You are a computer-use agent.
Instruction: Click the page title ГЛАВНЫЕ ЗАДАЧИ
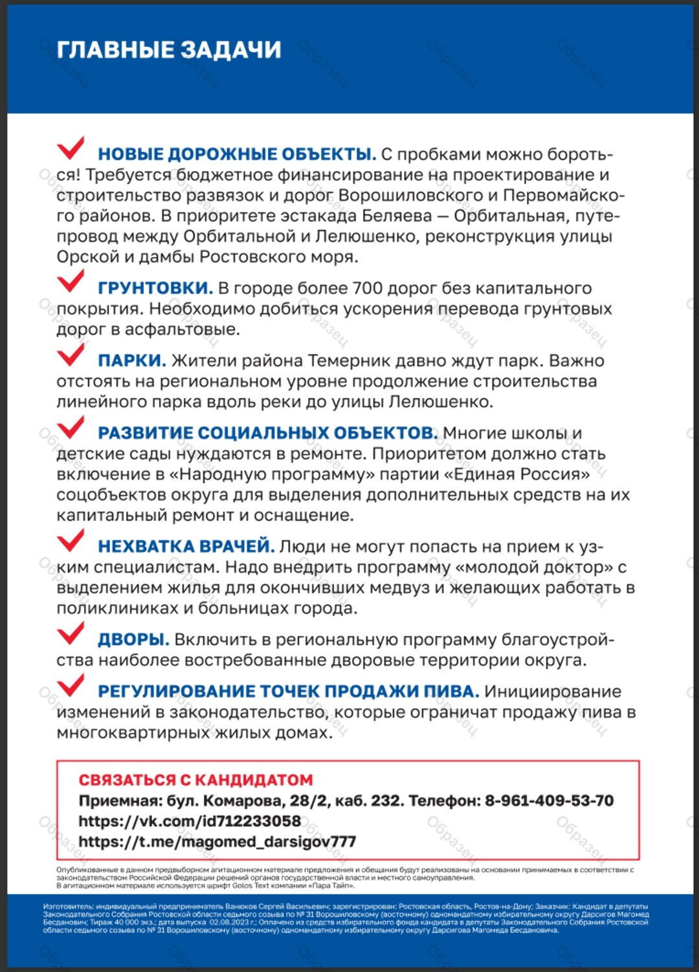point(169,50)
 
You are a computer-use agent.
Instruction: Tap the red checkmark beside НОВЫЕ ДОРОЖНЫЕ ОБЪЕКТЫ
point(70,148)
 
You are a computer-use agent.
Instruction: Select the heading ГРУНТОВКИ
point(155,288)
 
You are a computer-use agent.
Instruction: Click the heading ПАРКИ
point(132,361)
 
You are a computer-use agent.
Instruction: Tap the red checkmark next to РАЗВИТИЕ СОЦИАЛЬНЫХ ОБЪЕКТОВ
point(70,427)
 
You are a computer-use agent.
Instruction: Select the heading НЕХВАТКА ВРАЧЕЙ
point(186,547)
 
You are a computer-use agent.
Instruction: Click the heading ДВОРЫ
point(133,640)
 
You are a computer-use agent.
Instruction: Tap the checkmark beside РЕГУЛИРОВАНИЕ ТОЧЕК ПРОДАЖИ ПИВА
point(70,685)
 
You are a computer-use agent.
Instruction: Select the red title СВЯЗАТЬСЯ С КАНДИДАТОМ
point(195,780)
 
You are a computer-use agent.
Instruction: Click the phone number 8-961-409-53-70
point(549,800)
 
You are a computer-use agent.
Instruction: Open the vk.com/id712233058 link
point(190,821)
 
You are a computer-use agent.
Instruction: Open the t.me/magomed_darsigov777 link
point(217,842)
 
